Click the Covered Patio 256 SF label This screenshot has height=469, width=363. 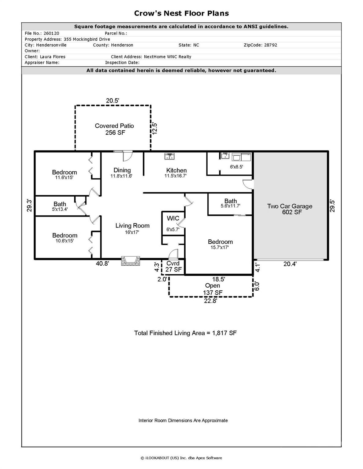114,129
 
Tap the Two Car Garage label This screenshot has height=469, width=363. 290,209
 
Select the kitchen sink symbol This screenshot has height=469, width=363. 169,157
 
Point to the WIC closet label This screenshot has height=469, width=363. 173,218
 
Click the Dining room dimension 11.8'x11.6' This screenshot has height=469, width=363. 121,176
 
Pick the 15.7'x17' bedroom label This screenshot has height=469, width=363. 220,245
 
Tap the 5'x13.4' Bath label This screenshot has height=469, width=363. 60,206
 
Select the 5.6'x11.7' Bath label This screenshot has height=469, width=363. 230,203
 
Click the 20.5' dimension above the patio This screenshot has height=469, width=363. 113,100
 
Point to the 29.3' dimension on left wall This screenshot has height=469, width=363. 29,205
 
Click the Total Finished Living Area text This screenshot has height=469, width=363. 185,333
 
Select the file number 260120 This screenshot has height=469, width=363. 51,33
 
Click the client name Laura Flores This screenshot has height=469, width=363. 53,56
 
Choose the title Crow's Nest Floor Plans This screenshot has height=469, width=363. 181,13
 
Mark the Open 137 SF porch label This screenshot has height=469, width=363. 213,289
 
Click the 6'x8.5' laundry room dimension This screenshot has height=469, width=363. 236,167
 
